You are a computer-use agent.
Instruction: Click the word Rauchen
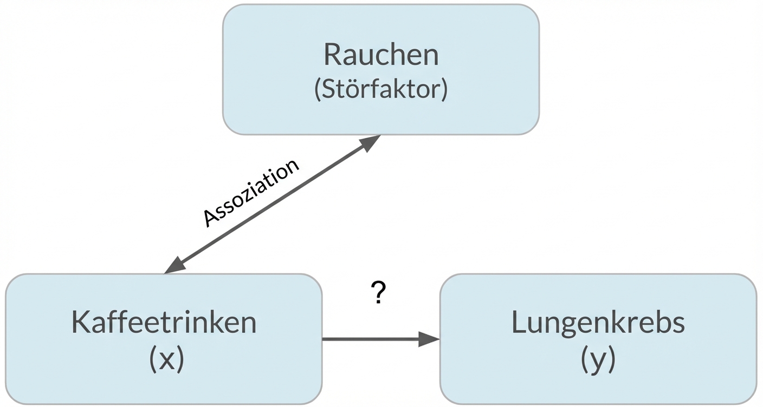pos(381,55)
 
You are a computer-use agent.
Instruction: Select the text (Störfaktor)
pos(381,90)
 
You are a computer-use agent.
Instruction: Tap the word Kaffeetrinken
pos(164,323)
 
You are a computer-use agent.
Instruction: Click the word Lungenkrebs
pos(598,323)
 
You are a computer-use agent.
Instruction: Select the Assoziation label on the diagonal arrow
pos(251,193)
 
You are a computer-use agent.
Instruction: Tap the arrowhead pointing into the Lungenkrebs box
pos(430,340)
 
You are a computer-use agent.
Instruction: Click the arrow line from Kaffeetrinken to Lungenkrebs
pos(374,340)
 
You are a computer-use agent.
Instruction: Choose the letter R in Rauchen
pos(333,55)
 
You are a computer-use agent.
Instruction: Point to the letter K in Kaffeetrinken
pos(80,323)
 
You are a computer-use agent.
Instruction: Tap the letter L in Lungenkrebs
pos(518,323)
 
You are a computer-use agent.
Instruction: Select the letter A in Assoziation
pos(210,219)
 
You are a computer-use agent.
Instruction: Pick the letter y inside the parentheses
pos(598,360)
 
